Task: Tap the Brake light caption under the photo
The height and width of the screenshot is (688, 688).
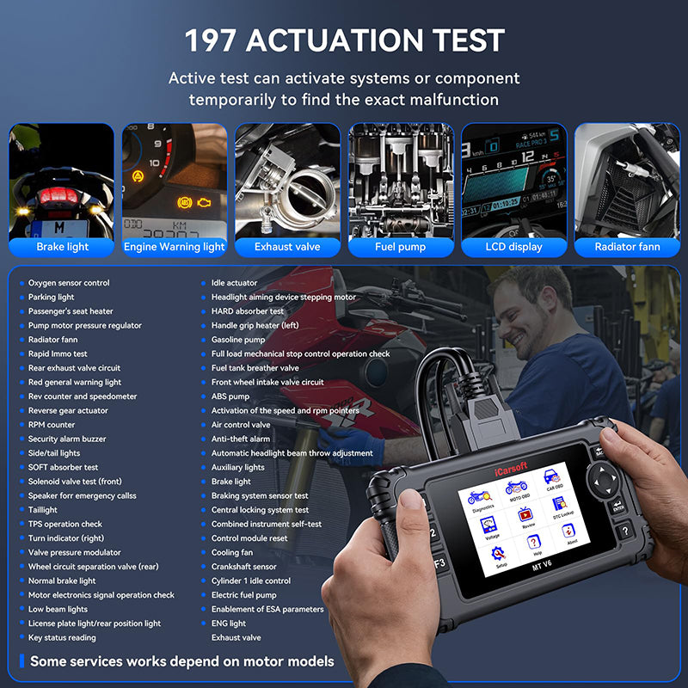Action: (x=62, y=247)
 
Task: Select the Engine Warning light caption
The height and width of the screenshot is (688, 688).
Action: (x=175, y=247)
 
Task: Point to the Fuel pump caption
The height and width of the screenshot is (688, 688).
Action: (x=401, y=247)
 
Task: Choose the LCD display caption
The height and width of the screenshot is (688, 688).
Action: (x=514, y=247)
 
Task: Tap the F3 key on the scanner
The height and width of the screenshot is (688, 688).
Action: (x=440, y=563)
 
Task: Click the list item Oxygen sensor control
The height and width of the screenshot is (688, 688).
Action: (x=69, y=283)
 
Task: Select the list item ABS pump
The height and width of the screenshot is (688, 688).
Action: (x=230, y=396)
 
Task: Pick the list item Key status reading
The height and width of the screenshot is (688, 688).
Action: (x=62, y=637)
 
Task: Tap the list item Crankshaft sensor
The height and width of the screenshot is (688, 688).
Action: (x=244, y=567)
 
